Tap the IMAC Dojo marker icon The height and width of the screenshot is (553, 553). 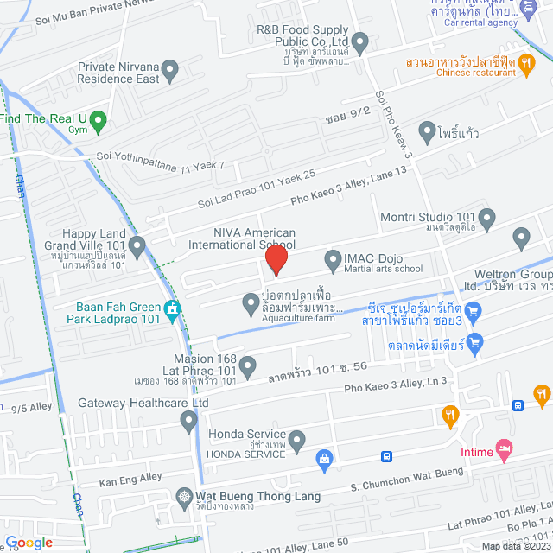point(334,259)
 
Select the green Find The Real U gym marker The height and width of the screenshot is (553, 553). point(99,120)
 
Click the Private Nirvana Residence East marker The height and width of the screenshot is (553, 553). point(170,68)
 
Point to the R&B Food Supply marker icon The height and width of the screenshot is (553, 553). point(360,41)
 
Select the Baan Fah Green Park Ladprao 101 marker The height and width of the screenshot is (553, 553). point(172,308)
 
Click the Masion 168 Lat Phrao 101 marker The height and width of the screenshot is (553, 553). point(248,367)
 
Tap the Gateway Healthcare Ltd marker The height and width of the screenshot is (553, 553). point(189,421)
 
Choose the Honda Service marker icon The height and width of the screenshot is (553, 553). point(297,442)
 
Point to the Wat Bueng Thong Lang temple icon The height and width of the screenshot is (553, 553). point(184,497)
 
